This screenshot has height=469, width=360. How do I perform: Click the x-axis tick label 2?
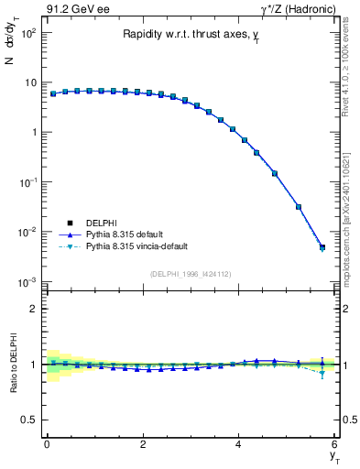143,444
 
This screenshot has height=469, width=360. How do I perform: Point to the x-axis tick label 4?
239,444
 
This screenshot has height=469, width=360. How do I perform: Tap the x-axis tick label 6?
334,444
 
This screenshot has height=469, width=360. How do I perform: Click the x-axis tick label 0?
47,444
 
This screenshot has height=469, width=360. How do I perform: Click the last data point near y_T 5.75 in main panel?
322,247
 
